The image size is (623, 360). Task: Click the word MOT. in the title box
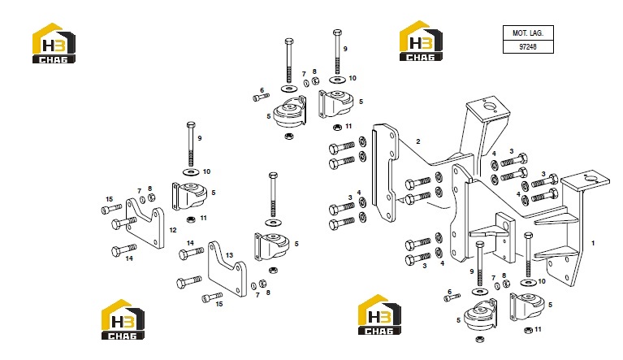[x=520, y=33]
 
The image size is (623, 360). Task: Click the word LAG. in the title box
[x=536, y=33]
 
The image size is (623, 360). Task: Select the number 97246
[x=528, y=46]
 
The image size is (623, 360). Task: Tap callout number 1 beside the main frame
[x=593, y=243]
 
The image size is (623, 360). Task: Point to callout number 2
[x=418, y=141]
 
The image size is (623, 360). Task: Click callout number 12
[x=173, y=230]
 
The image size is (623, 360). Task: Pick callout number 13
[x=229, y=255]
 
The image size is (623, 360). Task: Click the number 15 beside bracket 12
[x=110, y=199]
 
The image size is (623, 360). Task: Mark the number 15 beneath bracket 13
[x=219, y=304]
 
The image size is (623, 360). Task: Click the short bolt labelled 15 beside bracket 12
[x=111, y=209]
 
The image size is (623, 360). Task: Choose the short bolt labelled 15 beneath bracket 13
[x=212, y=297]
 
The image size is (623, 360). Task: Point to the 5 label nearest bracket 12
[x=214, y=193]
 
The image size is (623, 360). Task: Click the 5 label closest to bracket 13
[x=296, y=244]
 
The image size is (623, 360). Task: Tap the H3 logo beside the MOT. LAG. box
[x=421, y=41]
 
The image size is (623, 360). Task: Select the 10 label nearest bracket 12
[x=206, y=171]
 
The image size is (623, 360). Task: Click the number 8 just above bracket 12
[x=149, y=189]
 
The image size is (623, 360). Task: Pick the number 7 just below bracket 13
[x=257, y=295]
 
